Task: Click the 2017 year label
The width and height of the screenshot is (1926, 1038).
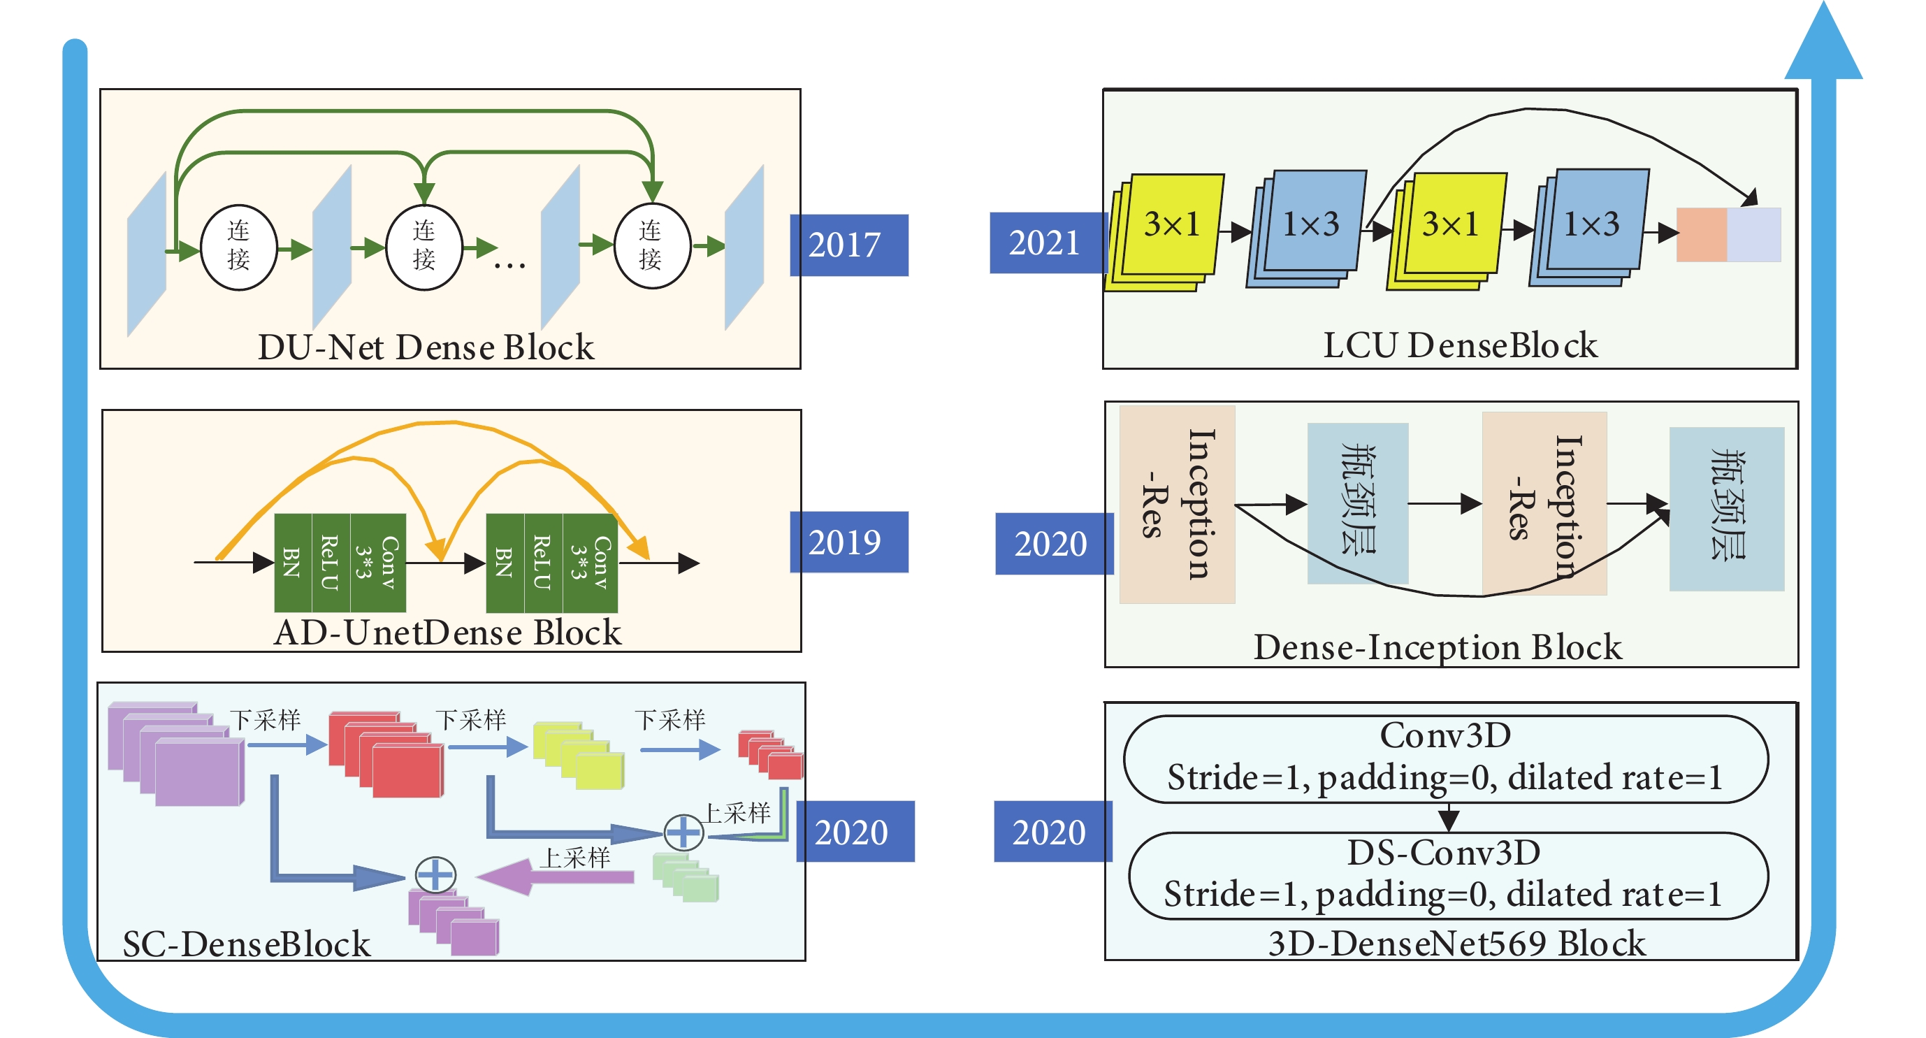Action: pos(848,245)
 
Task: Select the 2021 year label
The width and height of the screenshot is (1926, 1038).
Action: pos(1045,243)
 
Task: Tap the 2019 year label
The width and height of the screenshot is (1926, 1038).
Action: pos(848,542)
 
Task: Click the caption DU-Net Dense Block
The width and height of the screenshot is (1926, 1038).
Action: pos(426,347)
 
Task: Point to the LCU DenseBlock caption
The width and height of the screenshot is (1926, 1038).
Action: pos(1459,345)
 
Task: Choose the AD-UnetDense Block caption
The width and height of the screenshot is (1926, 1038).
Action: pos(448,633)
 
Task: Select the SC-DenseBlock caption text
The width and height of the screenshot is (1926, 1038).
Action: pos(246,944)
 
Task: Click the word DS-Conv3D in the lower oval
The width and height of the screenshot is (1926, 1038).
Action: pos(1444,853)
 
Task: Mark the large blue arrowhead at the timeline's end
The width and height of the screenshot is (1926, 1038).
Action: pos(1823,45)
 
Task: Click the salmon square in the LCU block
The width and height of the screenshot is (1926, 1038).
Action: pos(1702,235)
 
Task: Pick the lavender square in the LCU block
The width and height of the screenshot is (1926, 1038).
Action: pos(1754,235)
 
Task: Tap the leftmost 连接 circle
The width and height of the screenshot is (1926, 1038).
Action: pos(238,246)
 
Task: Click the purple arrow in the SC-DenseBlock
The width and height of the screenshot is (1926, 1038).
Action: pos(557,876)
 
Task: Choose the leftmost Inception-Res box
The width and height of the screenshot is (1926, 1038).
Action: pos(1177,504)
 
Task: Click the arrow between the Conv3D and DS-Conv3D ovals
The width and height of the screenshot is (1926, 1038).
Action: pos(1449,817)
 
